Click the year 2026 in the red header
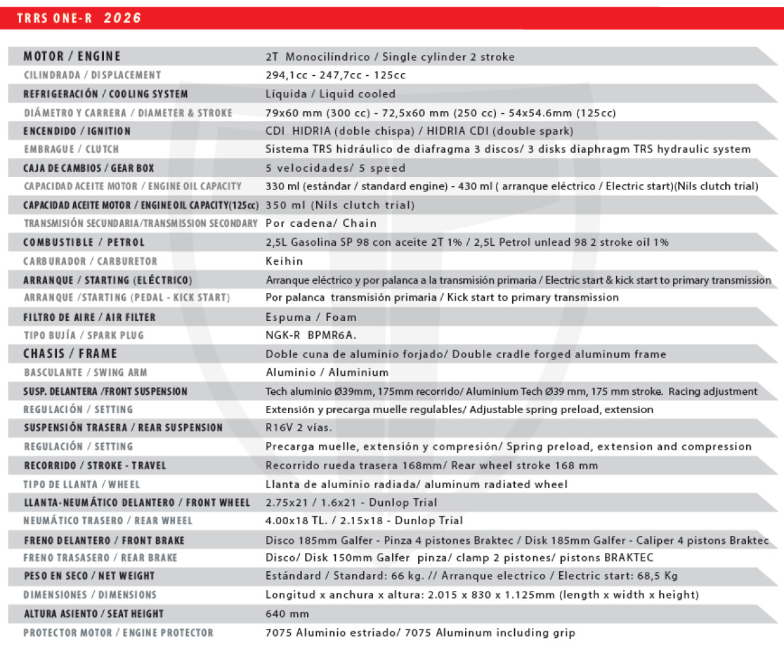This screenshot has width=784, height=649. click(x=123, y=18)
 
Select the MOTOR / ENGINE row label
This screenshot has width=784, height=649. click(x=72, y=56)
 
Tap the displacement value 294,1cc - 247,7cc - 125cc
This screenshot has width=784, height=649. click(x=336, y=75)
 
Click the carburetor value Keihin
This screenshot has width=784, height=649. click(x=284, y=261)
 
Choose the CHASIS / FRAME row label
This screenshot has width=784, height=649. click(x=70, y=354)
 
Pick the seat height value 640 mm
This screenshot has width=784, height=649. click(x=287, y=614)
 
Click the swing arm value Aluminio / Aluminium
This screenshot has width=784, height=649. click(x=327, y=373)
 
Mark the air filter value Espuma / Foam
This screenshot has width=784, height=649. click(x=311, y=318)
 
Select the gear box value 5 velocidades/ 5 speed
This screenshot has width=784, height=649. click(x=335, y=168)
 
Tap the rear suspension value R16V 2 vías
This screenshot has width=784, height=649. click(x=299, y=428)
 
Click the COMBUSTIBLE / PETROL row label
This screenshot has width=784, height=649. click(x=84, y=242)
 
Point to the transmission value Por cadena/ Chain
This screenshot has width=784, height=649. click(x=321, y=224)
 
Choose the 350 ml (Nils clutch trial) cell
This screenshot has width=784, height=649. click(x=340, y=205)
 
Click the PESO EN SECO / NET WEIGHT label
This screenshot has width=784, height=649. click(x=89, y=576)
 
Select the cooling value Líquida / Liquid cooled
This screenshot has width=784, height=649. click(x=330, y=94)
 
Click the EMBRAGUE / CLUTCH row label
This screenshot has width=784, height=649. click(x=71, y=150)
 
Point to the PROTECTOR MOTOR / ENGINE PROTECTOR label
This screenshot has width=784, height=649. click(x=118, y=633)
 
